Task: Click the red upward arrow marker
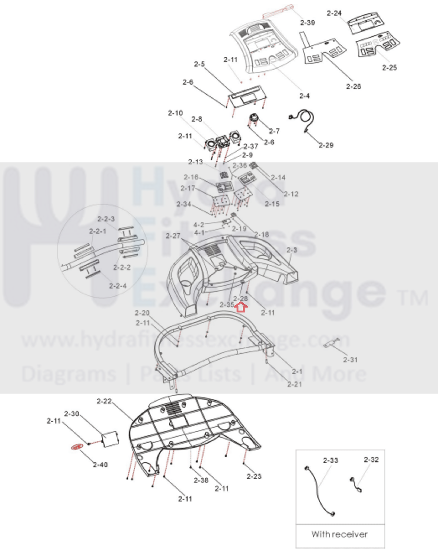click(x=241, y=307)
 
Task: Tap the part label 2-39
click(x=307, y=23)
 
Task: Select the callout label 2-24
click(x=334, y=13)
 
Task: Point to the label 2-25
click(x=389, y=68)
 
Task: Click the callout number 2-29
click(x=326, y=145)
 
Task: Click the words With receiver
click(x=339, y=534)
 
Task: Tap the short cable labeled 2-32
click(x=355, y=484)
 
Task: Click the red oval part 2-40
click(x=77, y=447)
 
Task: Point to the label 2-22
click(x=104, y=401)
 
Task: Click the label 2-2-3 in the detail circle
click(x=106, y=219)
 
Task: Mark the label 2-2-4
click(x=117, y=286)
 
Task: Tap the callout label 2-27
click(x=173, y=236)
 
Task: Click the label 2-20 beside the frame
click(x=142, y=313)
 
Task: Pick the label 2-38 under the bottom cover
click(x=201, y=480)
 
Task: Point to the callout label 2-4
click(x=304, y=96)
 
